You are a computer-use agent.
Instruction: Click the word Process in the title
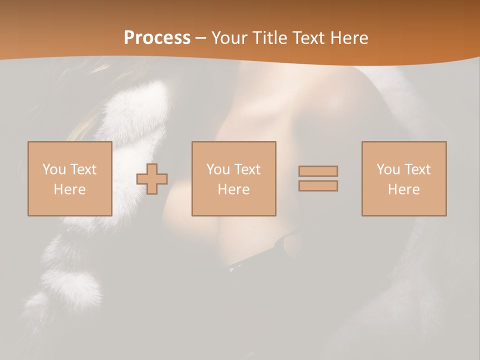[157, 38]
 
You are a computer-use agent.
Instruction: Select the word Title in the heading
[270, 38]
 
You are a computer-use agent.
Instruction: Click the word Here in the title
[349, 38]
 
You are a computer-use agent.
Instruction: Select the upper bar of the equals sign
[318, 171]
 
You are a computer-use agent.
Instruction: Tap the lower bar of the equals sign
[318, 186]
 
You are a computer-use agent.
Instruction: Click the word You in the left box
[53, 169]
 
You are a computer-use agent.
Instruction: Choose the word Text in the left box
[83, 169]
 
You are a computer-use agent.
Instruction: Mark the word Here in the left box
[69, 189]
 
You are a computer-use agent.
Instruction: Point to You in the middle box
[218, 169]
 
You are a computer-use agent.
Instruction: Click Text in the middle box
[247, 169]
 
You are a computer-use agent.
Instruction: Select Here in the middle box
[233, 189]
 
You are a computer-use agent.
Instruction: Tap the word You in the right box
[388, 169]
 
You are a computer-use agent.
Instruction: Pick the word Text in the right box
[417, 169]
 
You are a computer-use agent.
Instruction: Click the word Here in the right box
[403, 189]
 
